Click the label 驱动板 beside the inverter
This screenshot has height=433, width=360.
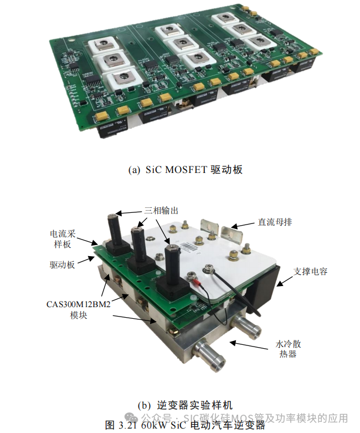tap(61, 265)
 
